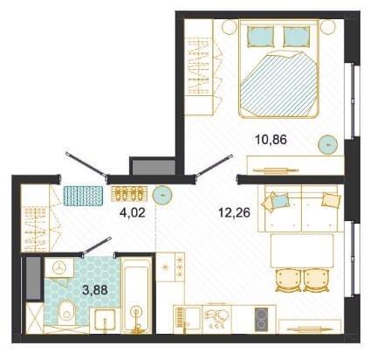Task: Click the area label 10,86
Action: pyautogui.click(x=271, y=140)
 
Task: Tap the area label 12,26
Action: pyautogui.click(x=234, y=213)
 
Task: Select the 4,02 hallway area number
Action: pyautogui.click(x=133, y=213)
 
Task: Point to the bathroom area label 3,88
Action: pyautogui.click(x=95, y=290)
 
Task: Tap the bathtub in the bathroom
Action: pyautogui.click(x=136, y=294)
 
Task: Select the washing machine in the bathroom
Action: pyautogui.click(x=59, y=267)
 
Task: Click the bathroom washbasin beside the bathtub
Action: pyautogui.click(x=102, y=321)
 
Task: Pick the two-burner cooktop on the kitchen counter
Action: pyautogui.click(x=261, y=319)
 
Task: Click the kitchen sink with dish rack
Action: pyautogui.click(x=188, y=319)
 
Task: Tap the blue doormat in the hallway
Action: pyautogui.click(x=83, y=196)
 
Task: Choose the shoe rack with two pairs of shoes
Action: pyautogui.click(x=129, y=194)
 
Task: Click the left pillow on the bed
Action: pyautogui.click(x=261, y=37)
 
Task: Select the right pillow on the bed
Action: pyautogui.click(x=296, y=37)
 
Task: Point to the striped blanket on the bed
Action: pyautogui.click(x=278, y=83)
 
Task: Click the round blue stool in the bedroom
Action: pyautogui.click(x=328, y=143)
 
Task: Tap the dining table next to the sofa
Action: pyautogui.click(x=302, y=251)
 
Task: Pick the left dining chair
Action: pyautogui.click(x=288, y=280)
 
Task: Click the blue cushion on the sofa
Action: pyautogui.click(x=280, y=200)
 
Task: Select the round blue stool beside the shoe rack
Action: pyautogui.click(x=163, y=195)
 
